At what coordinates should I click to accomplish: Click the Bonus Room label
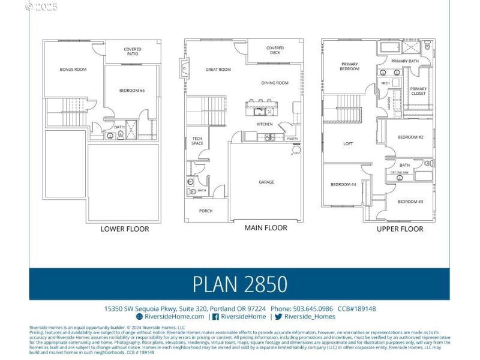click(x=73, y=70)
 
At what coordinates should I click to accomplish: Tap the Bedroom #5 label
click(x=132, y=91)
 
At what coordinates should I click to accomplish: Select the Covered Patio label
click(x=133, y=52)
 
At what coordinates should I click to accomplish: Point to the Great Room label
click(x=218, y=70)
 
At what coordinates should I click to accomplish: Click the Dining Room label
click(x=275, y=83)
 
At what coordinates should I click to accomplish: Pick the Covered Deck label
click(x=275, y=50)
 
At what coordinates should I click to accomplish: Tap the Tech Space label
click(x=197, y=141)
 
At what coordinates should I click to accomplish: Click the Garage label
click(x=266, y=182)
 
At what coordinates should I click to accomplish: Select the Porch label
click(x=205, y=211)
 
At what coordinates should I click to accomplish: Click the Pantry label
click(x=292, y=139)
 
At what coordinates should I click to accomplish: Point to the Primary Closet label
click(x=418, y=91)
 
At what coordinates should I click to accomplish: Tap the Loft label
click(x=348, y=143)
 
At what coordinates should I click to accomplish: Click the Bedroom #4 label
click(x=343, y=184)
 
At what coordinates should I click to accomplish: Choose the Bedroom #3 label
click(x=410, y=202)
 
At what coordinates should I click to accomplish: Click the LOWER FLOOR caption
click(x=125, y=229)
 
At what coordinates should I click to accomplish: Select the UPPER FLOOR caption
click(x=400, y=229)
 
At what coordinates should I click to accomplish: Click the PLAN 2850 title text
click(x=239, y=284)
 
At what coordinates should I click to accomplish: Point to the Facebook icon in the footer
click(x=215, y=316)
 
